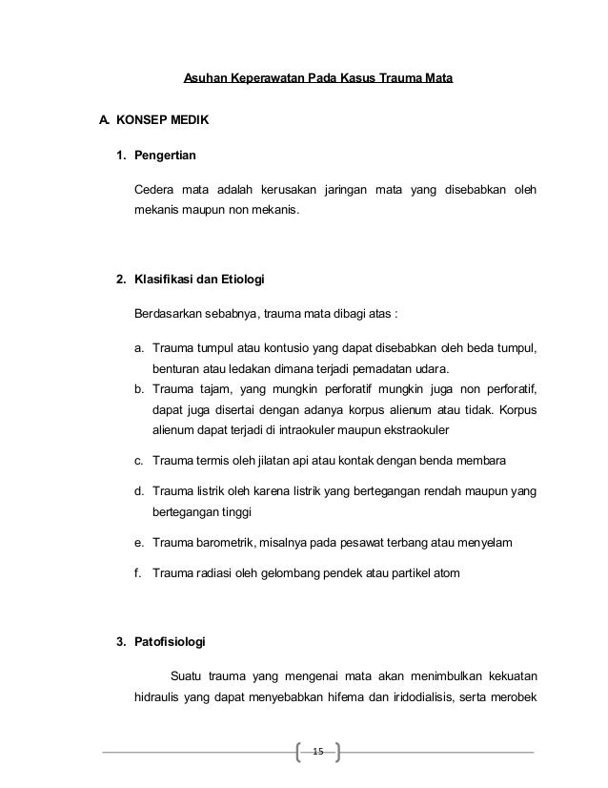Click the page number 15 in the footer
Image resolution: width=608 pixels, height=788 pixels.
point(318,754)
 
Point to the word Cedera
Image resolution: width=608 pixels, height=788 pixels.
point(153,189)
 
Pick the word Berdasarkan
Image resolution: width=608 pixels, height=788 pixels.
point(168,314)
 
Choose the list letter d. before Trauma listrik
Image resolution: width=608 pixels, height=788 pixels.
point(140,491)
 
